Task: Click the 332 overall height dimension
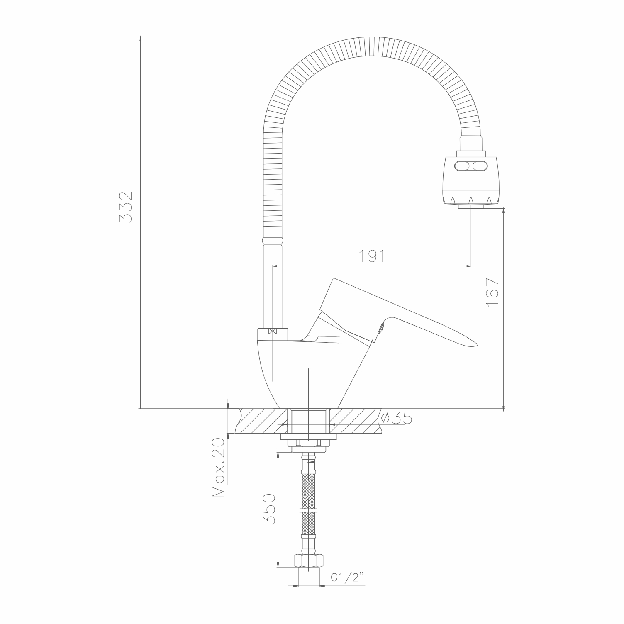click(x=125, y=206)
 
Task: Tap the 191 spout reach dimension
click(x=372, y=256)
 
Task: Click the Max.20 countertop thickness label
click(x=218, y=467)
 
